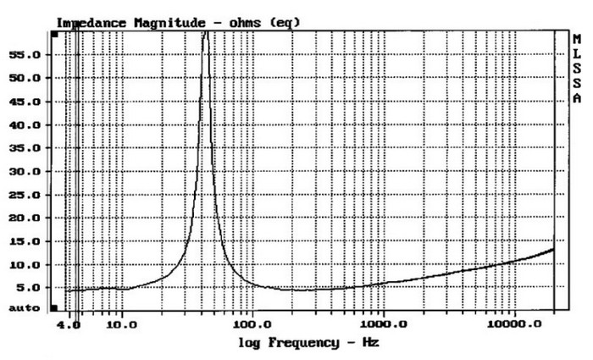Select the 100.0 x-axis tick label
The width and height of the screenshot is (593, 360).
[x=252, y=324]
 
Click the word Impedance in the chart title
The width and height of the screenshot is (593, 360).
[x=91, y=22]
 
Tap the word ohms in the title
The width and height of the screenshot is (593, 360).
[x=246, y=22]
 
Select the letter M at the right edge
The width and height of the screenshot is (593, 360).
[x=577, y=40]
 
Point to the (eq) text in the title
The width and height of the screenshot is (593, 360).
[x=285, y=22]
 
